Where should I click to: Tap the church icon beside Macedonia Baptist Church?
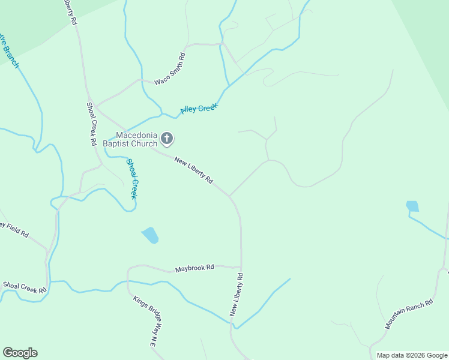tap(167, 139)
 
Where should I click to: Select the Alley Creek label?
tap(199, 109)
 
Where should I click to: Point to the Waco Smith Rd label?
tap(170, 69)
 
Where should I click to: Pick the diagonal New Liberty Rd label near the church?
tap(193, 170)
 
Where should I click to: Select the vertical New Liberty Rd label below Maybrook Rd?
tap(237, 295)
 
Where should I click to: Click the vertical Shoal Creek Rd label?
tap(92, 124)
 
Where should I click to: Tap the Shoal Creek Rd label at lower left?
tap(25, 287)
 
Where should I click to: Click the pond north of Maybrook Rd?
tap(150, 235)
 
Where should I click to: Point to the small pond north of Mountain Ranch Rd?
tap(412, 206)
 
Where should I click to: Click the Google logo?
tap(20, 353)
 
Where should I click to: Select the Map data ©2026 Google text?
tap(411, 355)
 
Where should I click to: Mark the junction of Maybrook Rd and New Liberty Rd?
tap(241, 266)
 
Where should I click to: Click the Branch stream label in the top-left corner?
tap(8, 50)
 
